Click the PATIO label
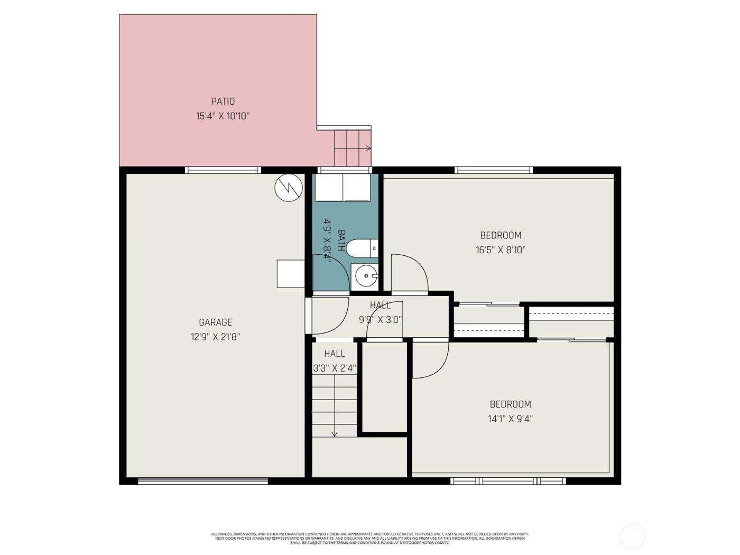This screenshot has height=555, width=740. [x=223, y=101]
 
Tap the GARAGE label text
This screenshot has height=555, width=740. [x=215, y=322]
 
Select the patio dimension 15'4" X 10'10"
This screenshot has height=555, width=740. [x=223, y=116]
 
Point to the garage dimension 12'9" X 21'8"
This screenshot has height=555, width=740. [x=215, y=337]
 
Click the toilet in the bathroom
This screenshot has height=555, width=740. [x=364, y=247]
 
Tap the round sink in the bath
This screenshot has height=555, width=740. [x=366, y=276]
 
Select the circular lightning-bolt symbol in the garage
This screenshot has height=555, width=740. [x=289, y=187]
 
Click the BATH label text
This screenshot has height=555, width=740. [x=341, y=240]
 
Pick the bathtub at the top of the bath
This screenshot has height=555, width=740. [x=343, y=188]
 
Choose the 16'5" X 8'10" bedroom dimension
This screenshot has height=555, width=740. [x=501, y=250]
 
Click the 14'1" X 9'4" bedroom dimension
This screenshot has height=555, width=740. [x=510, y=419]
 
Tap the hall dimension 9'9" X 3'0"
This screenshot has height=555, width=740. [x=381, y=319]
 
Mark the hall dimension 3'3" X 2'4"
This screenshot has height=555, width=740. [x=335, y=368]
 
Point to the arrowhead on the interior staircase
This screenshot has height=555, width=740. [x=334, y=434]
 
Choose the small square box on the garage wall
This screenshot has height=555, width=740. [x=290, y=273]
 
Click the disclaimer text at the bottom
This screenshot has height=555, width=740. [x=370, y=538]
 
